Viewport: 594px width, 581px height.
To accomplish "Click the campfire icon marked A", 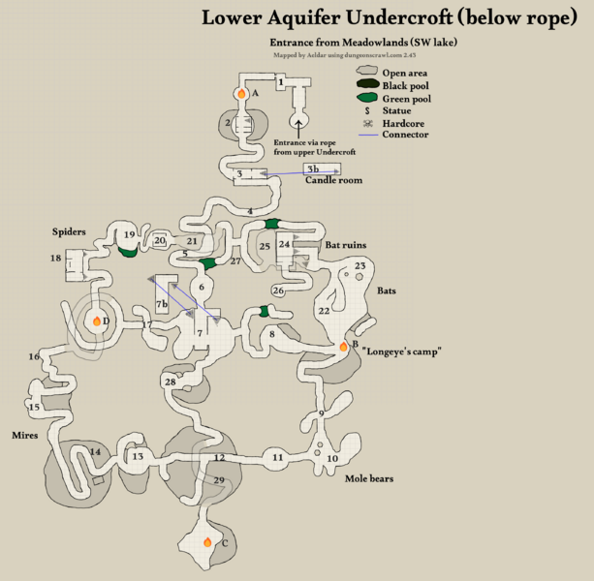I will pyautogui.click(x=240, y=94).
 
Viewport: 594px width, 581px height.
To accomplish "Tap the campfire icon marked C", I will pyautogui.click(x=206, y=542).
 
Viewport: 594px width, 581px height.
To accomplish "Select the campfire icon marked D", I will pyautogui.click(x=96, y=320).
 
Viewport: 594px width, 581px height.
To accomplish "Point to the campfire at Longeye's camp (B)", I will pyautogui.click(x=343, y=346).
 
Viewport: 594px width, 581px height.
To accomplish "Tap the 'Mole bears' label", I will pyautogui.click(x=371, y=478).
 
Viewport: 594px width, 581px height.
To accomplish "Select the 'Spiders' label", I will pyautogui.click(x=71, y=232).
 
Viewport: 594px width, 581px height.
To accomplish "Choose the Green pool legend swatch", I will pyautogui.click(x=367, y=98).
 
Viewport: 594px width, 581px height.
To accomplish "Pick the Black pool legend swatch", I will pyautogui.click(x=367, y=85).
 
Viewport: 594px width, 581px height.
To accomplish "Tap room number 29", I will pyautogui.click(x=219, y=480).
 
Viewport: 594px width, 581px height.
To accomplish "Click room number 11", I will pyautogui.click(x=277, y=457).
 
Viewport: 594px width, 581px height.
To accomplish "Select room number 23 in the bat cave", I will pyautogui.click(x=360, y=266).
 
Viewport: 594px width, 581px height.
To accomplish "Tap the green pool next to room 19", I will pyautogui.click(x=127, y=252).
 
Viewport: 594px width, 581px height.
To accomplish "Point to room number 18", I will pyautogui.click(x=55, y=258).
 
